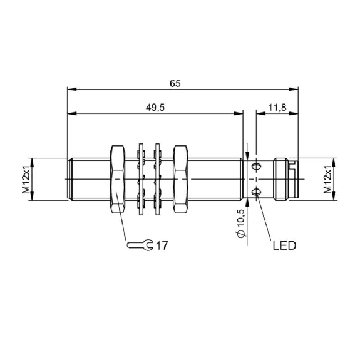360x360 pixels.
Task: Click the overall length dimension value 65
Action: tap(175, 83)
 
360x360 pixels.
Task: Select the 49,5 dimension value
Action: tap(155, 108)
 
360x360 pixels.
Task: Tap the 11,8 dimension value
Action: tap(277, 107)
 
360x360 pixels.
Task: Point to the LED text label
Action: tap(284, 245)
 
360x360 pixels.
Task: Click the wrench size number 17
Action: tap(162, 245)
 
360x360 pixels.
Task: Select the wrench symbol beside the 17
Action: tap(140, 245)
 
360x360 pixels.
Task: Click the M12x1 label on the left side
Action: tap(26, 179)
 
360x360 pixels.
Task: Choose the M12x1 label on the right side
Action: tap(327, 179)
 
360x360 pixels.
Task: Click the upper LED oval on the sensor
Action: tap(256, 166)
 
